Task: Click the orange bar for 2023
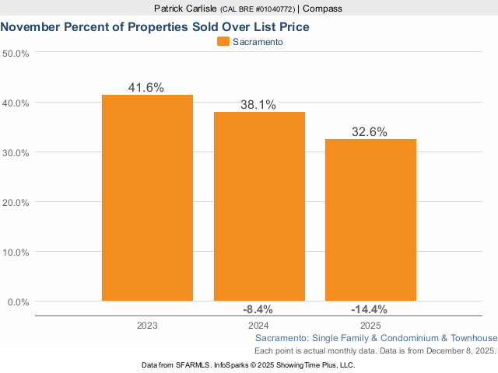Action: click(147, 197)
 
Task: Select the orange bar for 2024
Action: click(259, 206)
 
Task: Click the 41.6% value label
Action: click(146, 88)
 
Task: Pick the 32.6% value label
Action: click(370, 132)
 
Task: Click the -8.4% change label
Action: click(259, 309)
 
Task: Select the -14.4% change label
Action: click(370, 309)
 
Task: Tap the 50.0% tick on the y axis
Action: click(16, 54)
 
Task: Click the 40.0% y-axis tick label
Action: click(16, 103)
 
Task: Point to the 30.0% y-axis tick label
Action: click(16, 153)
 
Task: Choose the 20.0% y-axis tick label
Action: click(16, 203)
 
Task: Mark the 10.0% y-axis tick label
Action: click(16, 253)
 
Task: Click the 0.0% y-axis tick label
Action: click(19, 302)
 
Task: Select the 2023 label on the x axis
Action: click(147, 325)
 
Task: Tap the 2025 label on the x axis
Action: click(370, 325)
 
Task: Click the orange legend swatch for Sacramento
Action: click(223, 42)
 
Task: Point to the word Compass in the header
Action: click(323, 9)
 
